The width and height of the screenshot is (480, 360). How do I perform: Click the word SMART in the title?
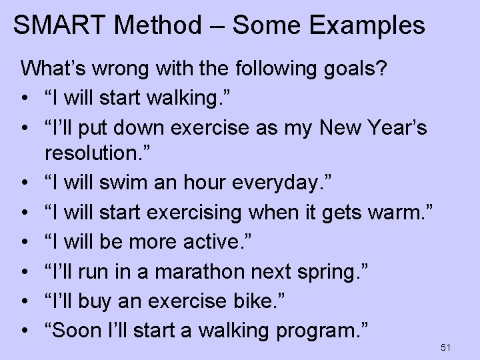[x=59, y=25]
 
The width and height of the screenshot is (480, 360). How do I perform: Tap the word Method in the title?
[x=163, y=25]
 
